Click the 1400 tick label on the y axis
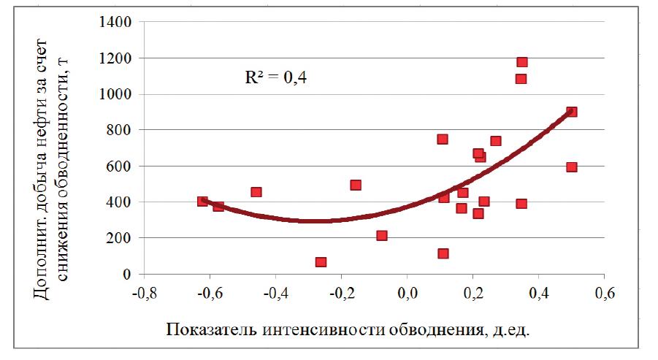(115, 22)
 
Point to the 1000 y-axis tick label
(115, 94)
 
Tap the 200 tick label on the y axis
(119, 238)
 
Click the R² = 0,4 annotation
(275, 78)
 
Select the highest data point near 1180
(522, 62)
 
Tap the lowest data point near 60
(321, 262)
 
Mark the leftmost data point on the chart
(202, 202)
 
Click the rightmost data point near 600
(572, 167)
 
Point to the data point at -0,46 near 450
(256, 192)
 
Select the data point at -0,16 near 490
(356, 185)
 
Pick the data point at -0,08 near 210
(381, 236)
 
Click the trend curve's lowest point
(318, 221)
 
